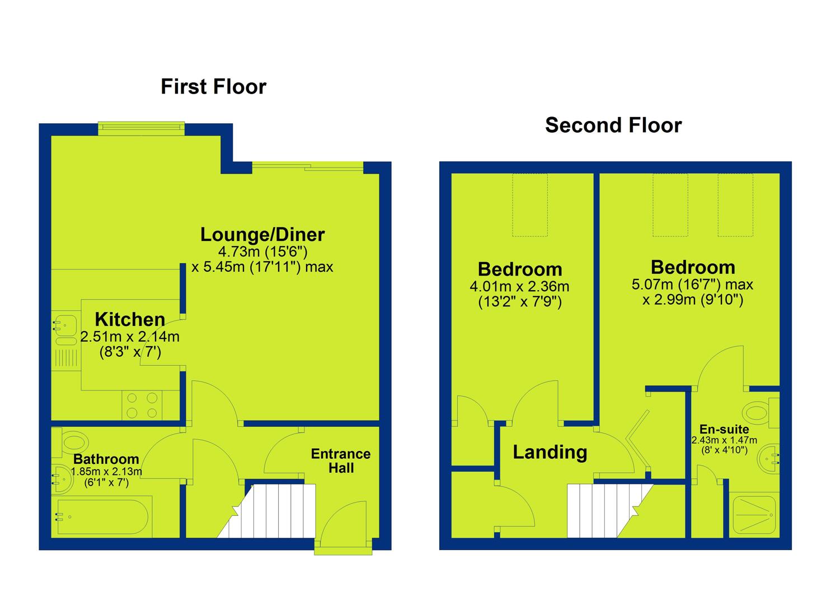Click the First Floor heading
[x=213, y=86]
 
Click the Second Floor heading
[x=613, y=125]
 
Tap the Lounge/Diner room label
[x=262, y=234]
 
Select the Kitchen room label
[x=130, y=319]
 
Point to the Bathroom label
[x=106, y=459]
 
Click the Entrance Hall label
[x=341, y=461]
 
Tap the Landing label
[x=550, y=453]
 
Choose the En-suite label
[x=724, y=429]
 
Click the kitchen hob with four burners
[x=142, y=405]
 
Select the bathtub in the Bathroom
[x=102, y=517]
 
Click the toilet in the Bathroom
[x=71, y=443]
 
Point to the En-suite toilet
[x=760, y=413]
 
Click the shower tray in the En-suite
[x=754, y=515]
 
